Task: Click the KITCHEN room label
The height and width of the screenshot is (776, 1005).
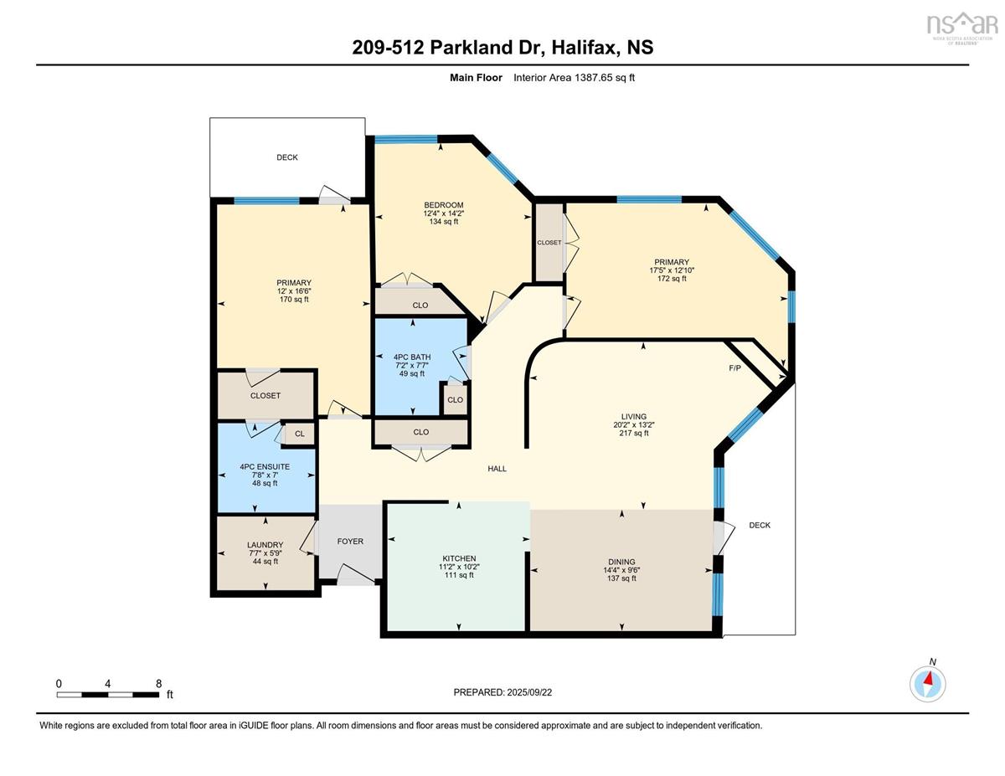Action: pyautogui.click(x=459, y=558)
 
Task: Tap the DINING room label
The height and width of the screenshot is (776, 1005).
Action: pyautogui.click(x=621, y=562)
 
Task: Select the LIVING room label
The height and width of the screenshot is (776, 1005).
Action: pyautogui.click(x=634, y=416)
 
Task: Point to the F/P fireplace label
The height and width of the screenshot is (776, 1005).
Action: pyautogui.click(x=734, y=368)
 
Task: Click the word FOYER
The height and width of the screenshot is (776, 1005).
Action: pyautogui.click(x=350, y=542)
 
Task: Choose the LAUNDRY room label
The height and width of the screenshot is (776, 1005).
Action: pyautogui.click(x=265, y=545)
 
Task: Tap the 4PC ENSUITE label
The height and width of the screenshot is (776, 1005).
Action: pyautogui.click(x=265, y=467)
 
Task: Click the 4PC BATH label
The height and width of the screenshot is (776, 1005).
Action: pyautogui.click(x=412, y=357)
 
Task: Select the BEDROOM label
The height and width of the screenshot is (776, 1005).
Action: pyautogui.click(x=444, y=205)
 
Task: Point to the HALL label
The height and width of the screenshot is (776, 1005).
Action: pyautogui.click(x=497, y=469)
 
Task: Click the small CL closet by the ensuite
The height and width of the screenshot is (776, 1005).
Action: pyautogui.click(x=300, y=434)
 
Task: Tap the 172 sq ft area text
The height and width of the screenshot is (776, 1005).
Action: pyautogui.click(x=672, y=279)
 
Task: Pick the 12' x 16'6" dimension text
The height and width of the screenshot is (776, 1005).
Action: pyautogui.click(x=294, y=291)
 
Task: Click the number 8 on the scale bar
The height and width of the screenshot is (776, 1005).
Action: pyautogui.click(x=158, y=684)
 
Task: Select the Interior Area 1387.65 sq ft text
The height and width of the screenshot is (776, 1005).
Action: pyautogui.click(x=574, y=78)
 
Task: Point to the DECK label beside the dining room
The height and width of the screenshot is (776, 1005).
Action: pyautogui.click(x=760, y=525)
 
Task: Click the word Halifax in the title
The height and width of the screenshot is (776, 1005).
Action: pyautogui.click(x=585, y=48)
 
